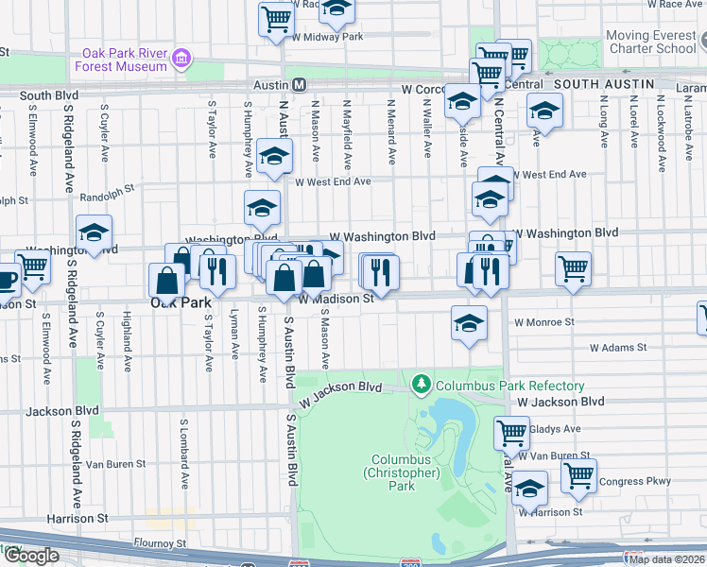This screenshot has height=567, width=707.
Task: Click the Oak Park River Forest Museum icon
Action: click(181, 60)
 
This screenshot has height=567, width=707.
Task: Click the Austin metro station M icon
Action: click(299, 84)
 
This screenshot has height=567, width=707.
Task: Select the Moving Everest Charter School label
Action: click(651, 42)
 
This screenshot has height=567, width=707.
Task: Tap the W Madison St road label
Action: click(337, 299)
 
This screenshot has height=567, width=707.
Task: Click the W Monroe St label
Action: click(544, 322)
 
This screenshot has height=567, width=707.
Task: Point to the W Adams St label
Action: click(617, 348)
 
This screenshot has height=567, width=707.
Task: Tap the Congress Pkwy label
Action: click(640, 481)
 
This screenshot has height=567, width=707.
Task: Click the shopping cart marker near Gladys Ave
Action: click(511, 432)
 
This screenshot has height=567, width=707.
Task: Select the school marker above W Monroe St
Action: click(468, 322)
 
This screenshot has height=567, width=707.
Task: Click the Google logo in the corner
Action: click(31, 556)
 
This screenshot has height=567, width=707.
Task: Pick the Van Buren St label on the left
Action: click(115, 464)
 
